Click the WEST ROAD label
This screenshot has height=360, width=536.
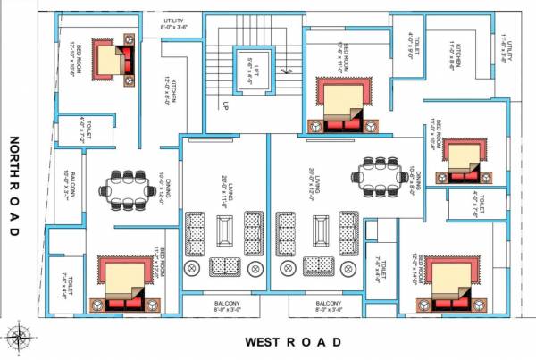tap(294, 342)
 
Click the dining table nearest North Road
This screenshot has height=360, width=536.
tap(128, 188)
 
